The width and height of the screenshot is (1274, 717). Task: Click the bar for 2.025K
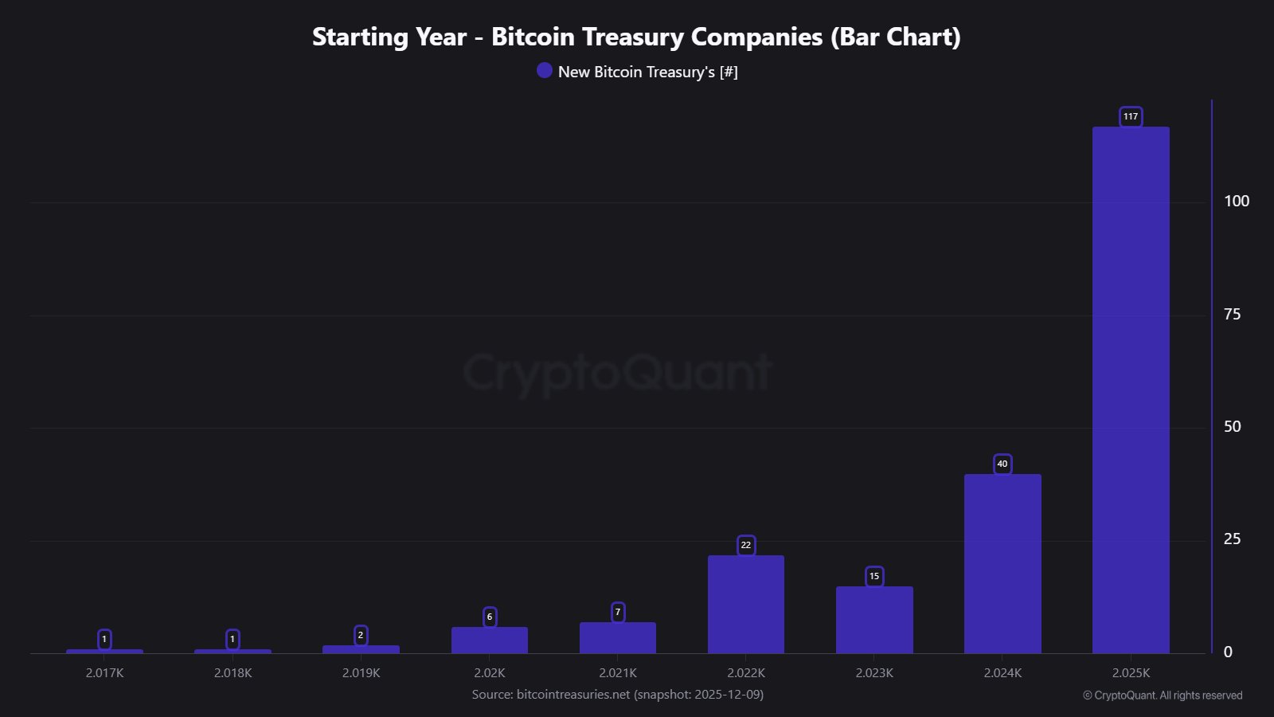tap(1131, 390)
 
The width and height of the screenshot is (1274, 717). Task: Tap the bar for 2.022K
tap(746, 605)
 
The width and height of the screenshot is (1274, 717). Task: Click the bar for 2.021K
tap(618, 638)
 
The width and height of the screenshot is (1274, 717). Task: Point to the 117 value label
tap(1131, 116)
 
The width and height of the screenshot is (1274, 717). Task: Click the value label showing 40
tap(1002, 464)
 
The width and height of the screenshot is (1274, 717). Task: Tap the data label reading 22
tap(746, 545)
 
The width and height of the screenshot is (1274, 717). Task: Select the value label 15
tap(874, 576)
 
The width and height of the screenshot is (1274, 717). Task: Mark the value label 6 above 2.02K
tap(490, 617)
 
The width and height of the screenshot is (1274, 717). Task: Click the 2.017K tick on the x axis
tap(104, 673)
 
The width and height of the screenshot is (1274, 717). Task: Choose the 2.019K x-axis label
tap(361, 673)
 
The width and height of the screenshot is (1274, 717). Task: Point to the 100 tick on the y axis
tap(1236, 202)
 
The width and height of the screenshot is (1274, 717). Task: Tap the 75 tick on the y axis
tap(1232, 315)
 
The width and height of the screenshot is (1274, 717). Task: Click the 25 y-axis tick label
tap(1232, 539)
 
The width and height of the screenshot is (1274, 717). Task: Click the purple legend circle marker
tap(545, 71)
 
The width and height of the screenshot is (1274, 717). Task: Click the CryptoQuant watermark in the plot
tap(617, 373)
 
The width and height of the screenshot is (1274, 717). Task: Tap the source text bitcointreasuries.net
tap(573, 695)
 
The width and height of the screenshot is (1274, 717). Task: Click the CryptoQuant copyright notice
tap(1163, 695)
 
